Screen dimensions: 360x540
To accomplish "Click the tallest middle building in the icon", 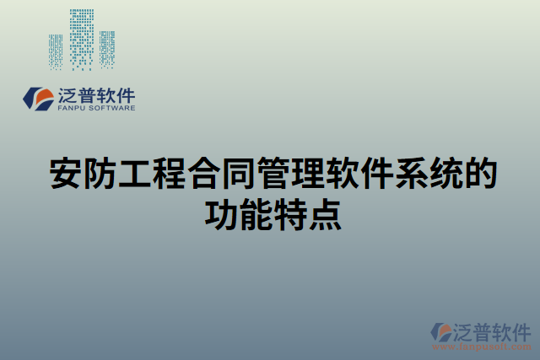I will pyautogui.click(x=82, y=38).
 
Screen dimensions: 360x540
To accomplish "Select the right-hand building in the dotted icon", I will pyautogui.click(x=107, y=49).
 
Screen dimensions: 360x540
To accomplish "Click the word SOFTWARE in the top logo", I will pyautogui.click(x=111, y=108).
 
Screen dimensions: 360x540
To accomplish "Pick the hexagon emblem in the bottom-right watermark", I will pyautogui.click(x=443, y=333).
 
